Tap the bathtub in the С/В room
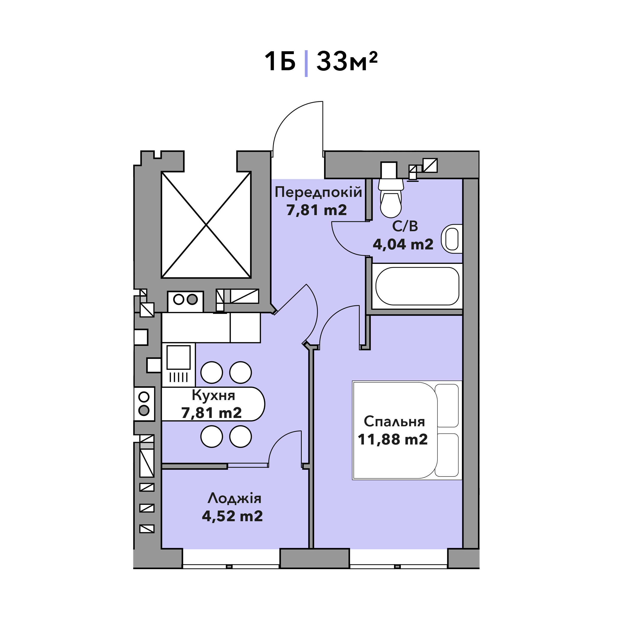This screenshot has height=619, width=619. (x=417, y=286)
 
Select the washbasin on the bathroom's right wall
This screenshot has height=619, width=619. (x=452, y=239)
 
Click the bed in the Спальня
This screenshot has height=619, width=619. (x=407, y=430)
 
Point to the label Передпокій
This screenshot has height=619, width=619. (x=318, y=192)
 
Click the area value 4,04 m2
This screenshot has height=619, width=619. (x=403, y=245)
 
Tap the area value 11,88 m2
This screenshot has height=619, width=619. (x=393, y=440)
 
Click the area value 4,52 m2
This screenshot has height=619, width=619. (x=232, y=516)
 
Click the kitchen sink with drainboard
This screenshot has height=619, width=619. (x=178, y=365)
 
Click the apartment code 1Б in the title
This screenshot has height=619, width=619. (x=280, y=62)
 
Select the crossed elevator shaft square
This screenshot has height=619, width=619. (x=206, y=225)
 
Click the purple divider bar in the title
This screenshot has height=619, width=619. (x=306, y=63)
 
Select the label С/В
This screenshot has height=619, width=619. (x=405, y=227)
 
